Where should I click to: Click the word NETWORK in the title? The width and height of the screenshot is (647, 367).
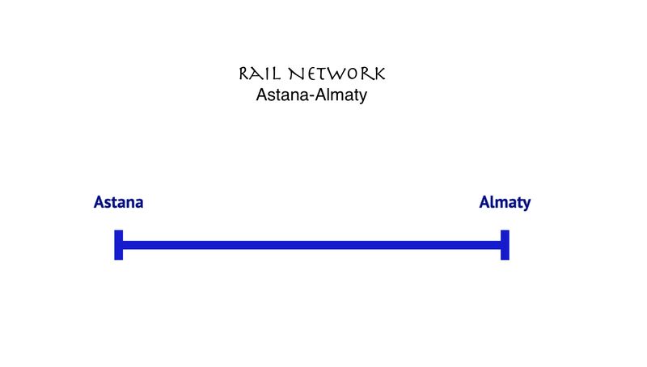point(338,74)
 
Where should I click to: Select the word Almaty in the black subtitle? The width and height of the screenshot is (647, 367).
point(340,95)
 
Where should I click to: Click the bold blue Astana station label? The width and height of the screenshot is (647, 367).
point(118,202)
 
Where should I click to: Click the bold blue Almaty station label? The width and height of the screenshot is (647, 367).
point(505,202)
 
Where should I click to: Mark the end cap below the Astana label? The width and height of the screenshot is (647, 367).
point(118,245)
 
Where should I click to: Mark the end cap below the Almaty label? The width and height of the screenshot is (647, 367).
point(505,245)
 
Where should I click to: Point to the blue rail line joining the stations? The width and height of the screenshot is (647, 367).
point(311,245)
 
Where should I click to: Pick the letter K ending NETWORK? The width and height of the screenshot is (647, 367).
point(378,74)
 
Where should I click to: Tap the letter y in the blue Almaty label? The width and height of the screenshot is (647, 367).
point(526,204)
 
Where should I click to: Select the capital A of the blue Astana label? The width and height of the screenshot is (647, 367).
point(99,202)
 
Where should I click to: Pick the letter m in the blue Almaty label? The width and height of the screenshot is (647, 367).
point(498,203)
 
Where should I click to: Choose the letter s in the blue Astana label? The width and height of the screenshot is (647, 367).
point(108,203)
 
